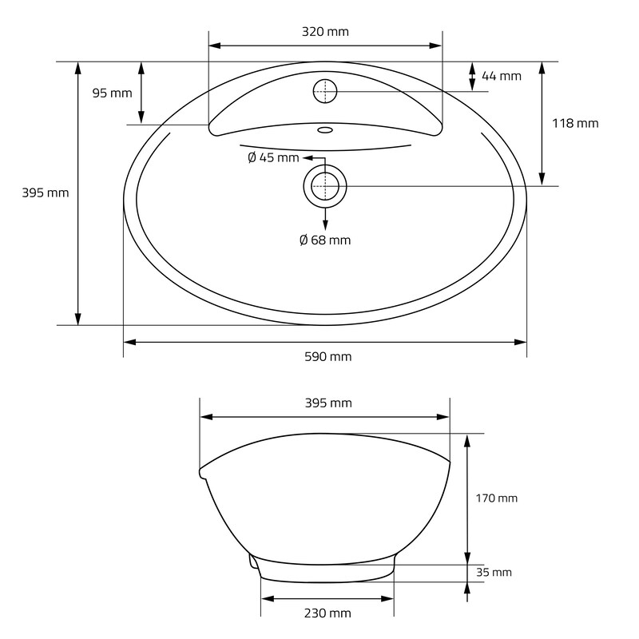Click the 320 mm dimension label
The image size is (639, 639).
point(325,32)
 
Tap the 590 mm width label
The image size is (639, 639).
point(328,356)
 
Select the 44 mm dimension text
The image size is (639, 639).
point(502,76)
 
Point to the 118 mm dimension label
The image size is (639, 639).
point(575,123)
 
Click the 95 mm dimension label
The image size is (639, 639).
point(112,93)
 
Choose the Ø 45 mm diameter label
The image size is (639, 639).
point(273,157)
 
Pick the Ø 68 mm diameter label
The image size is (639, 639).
point(325,240)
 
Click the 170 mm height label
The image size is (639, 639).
point(496,498)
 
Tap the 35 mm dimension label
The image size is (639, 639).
point(494,572)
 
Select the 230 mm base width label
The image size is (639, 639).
point(327,613)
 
